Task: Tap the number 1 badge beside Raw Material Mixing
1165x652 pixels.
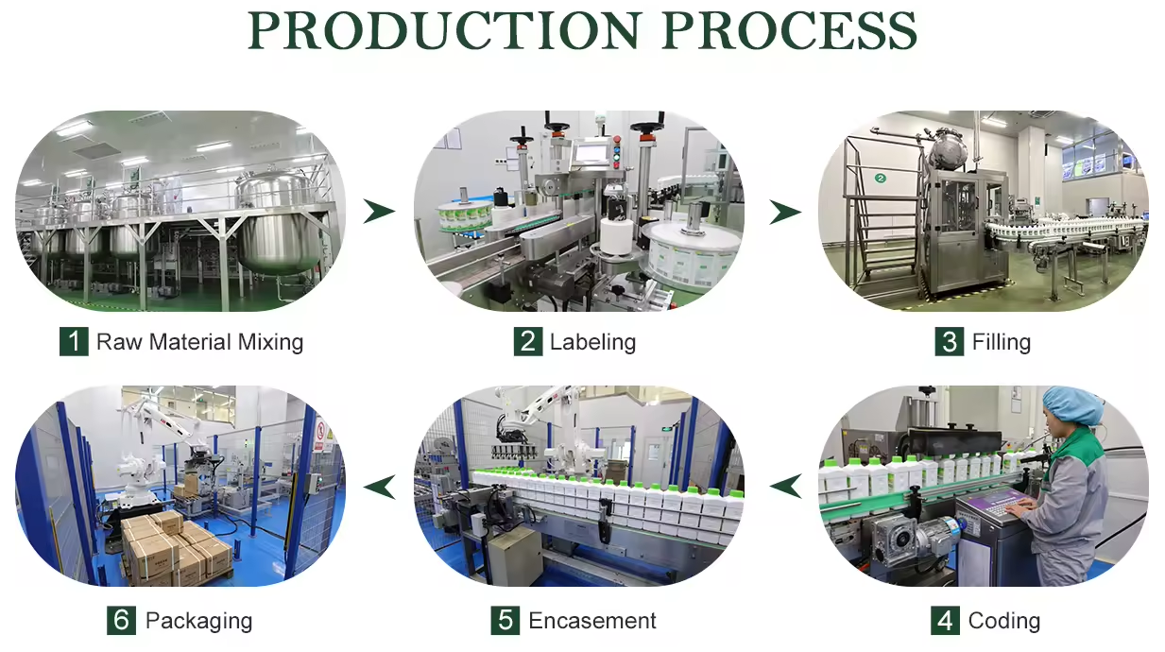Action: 74,341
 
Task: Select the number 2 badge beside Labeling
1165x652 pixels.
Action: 528,341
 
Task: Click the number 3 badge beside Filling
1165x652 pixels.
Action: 950,341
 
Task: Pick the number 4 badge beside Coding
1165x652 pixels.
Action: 945,621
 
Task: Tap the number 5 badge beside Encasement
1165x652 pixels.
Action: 505,621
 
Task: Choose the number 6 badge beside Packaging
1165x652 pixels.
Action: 121,621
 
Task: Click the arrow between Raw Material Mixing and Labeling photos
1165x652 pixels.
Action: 379,212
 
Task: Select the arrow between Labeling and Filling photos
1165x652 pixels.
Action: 784,212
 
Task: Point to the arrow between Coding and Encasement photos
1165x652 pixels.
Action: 784,487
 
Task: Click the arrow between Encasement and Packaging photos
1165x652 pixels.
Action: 379,487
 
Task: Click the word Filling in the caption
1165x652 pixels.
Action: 1001,341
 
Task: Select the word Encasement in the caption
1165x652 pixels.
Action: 592,621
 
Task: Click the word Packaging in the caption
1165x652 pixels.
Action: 198,621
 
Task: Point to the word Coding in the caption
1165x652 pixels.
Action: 1003,621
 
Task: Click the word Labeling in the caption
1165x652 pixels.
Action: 592,341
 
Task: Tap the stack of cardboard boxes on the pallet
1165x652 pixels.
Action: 175,548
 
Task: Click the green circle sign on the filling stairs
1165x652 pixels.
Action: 880,178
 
